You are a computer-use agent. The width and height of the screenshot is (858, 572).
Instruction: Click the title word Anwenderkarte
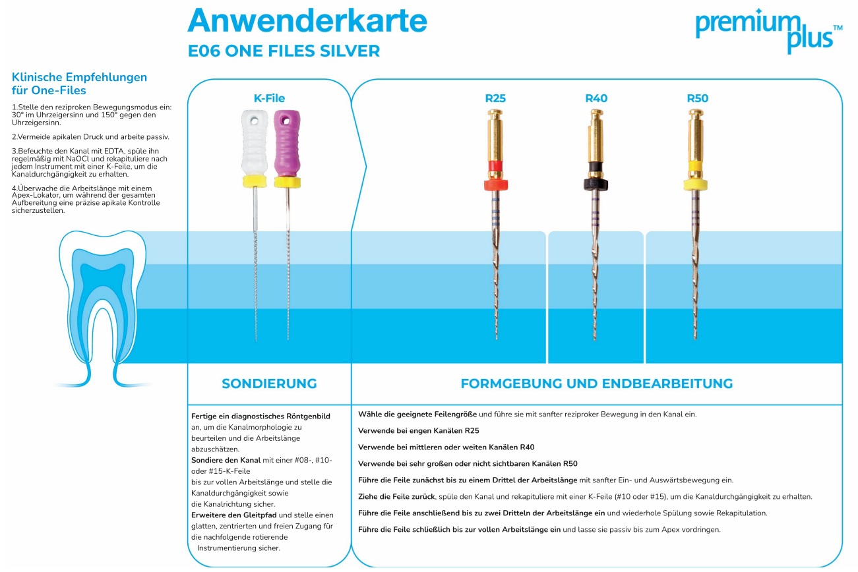(x=307, y=21)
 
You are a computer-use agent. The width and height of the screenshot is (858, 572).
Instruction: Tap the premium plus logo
(x=768, y=30)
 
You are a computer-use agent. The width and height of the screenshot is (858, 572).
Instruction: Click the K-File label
(x=269, y=99)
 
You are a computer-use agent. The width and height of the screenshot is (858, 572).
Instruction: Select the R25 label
(x=495, y=99)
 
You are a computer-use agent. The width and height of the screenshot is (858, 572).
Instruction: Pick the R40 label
(x=596, y=99)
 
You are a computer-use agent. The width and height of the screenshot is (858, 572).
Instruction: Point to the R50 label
(x=697, y=99)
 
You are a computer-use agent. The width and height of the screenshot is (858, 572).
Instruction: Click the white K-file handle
(x=254, y=142)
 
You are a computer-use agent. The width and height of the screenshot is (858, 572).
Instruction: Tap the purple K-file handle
(x=287, y=142)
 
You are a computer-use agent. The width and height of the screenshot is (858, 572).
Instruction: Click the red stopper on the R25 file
(x=495, y=184)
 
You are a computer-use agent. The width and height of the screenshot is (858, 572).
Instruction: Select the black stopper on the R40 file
(x=596, y=184)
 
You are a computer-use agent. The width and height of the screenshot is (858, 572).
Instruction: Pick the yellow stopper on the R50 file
(x=696, y=184)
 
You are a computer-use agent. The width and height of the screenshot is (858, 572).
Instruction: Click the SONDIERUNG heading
(x=269, y=384)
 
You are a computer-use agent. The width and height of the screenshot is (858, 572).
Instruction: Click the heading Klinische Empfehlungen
(x=79, y=77)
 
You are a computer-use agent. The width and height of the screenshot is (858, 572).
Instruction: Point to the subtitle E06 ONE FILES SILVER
(x=284, y=51)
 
